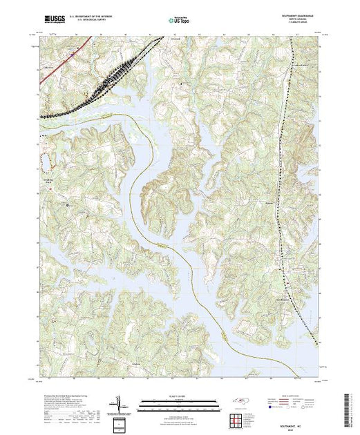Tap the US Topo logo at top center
pos(180,19)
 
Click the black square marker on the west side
pos(67,205)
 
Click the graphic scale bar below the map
pos(180,403)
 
